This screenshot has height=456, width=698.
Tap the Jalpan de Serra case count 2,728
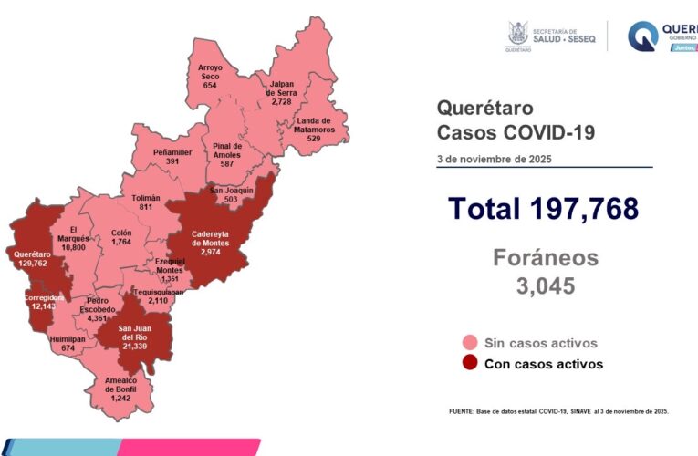click(x=280, y=102)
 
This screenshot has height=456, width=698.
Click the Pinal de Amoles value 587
click(x=225, y=164)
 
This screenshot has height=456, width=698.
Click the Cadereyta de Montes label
click(x=211, y=239)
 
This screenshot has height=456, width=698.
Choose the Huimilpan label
click(x=68, y=338)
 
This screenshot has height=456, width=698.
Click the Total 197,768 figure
click(x=543, y=209)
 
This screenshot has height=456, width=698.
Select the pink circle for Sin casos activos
click(x=470, y=343)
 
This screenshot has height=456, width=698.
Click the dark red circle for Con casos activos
click(x=470, y=364)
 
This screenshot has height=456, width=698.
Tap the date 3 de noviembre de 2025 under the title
click(x=494, y=159)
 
